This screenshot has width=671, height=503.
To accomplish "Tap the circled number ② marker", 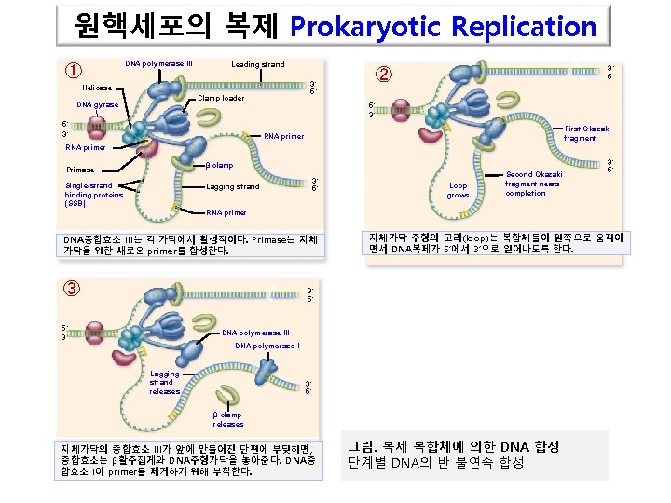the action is [x=384, y=75].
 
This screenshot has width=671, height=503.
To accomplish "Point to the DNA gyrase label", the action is [x=98, y=105].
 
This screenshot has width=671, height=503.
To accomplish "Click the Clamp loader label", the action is [x=222, y=98].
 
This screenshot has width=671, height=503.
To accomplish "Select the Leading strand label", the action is [x=258, y=64].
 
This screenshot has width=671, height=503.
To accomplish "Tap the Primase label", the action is [x=80, y=170].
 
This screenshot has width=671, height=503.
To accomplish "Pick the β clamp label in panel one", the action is [x=219, y=166].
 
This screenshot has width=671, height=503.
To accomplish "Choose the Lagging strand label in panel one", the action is [x=233, y=187].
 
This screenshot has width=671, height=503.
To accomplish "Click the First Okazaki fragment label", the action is [x=587, y=133].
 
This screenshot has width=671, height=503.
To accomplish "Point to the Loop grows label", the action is [x=459, y=191].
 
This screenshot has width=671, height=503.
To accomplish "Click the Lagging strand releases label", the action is [x=164, y=382].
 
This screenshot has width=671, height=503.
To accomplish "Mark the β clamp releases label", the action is [x=228, y=419].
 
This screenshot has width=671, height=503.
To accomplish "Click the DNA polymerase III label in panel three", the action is [x=256, y=333].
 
